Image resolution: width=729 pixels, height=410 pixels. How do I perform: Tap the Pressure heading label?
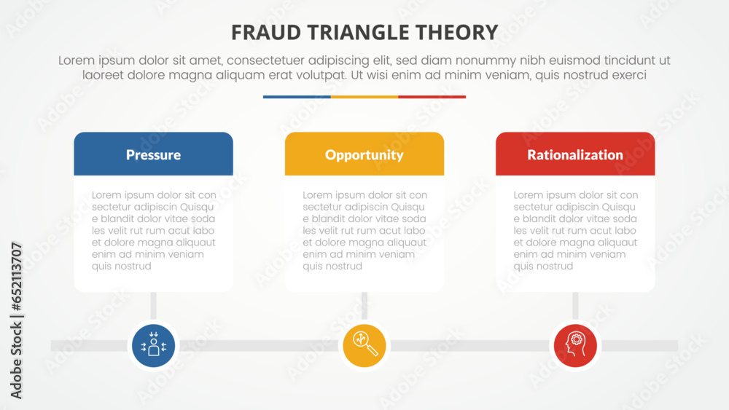(153, 154)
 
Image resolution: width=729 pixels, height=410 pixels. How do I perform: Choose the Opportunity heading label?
(364, 154)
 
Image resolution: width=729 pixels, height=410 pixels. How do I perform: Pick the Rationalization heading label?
(575, 154)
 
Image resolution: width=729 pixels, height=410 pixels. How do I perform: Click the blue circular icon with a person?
(153, 345)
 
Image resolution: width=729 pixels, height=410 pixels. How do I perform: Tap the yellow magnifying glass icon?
(364, 345)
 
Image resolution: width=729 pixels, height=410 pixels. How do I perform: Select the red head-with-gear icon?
(575, 345)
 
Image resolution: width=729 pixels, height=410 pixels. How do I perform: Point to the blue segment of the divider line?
(297, 97)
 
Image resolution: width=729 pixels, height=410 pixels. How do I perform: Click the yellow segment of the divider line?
(364, 97)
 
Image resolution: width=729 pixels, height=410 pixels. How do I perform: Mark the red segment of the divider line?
(432, 97)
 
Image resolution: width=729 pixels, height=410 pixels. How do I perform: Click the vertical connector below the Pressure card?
(153, 306)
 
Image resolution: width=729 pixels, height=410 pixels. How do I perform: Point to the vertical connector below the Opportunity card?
(364, 306)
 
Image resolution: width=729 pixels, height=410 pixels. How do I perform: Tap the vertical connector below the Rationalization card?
(575, 306)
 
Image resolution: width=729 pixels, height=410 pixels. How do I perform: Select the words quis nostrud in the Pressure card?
(122, 267)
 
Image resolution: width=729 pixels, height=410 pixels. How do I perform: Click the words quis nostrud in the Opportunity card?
(332, 267)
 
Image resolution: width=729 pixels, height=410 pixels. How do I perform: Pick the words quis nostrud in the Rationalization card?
(543, 267)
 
